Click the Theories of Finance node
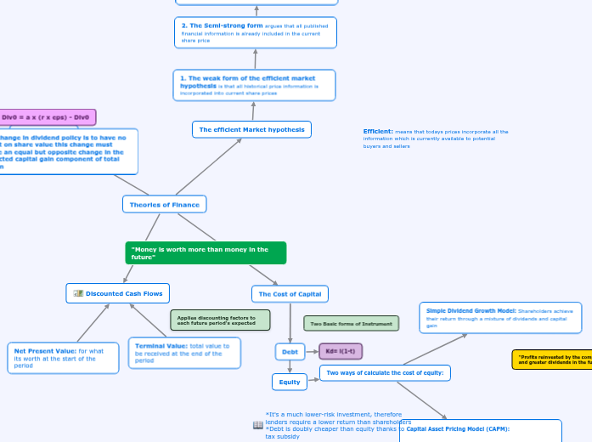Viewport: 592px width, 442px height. pyautogui.click(x=165, y=204)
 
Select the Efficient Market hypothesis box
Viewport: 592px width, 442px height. pyautogui.click(x=251, y=129)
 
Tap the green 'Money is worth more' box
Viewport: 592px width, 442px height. pyautogui.click(x=206, y=252)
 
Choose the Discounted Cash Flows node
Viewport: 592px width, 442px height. pyautogui.click(x=118, y=293)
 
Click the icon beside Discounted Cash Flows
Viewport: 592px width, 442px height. pyautogui.click(x=78, y=293)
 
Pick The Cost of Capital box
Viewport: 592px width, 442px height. pyautogui.click(x=290, y=294)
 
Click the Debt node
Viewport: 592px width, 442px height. pyautogui.click(x=290, y=351)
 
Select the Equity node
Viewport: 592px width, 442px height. pyautogui.click(x=290, y=382)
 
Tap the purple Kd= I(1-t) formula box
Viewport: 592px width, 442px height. pyautogui.click(x=340, y=351)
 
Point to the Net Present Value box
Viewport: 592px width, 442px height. pyautogui.click(x=64, y=358)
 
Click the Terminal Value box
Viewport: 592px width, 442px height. pyautogui.click(x=184, y=353)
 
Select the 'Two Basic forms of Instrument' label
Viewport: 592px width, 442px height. pyautogui.click(x=351, y=324)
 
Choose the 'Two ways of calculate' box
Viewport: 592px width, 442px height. pyautogui.click(x=385, y=372)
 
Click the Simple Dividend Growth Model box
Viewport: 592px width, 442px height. pyautogui.click(x=500, y=317)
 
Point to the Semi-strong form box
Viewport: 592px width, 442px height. pyautogui.click(x=256, y=32)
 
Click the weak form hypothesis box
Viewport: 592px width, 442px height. pyautogui.click(x=254, y=85)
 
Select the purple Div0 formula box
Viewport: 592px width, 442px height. pyautogui.click(x=47, y=117)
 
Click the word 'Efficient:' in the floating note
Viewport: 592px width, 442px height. pyautogui.click(x=377, y=132)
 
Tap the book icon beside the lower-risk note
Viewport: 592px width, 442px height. pyautogui.click(x=258, y=424)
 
